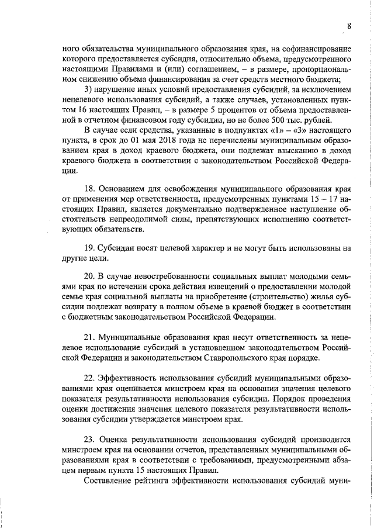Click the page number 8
pos(349,25)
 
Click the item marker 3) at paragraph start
pos(88,89)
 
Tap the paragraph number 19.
pos(89,248)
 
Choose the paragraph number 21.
pos(89,337)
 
